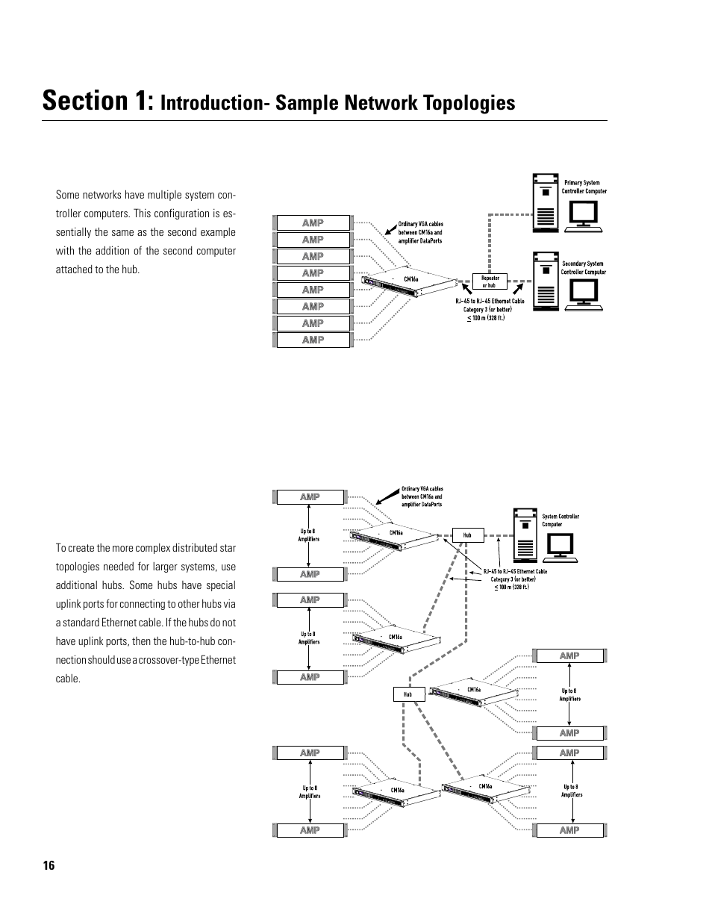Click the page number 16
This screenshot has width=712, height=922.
click(x=49, y=866)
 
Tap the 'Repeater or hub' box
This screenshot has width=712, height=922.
click(x=490, y=281)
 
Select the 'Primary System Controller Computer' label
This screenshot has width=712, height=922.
click(x=584, y=187)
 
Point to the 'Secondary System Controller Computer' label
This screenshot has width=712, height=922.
click(x=584, y=267)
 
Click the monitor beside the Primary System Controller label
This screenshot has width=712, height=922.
click(x=581, y=216)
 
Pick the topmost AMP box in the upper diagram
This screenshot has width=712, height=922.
click(x=313, y=222)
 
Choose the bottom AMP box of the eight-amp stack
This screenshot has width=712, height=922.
click(x=313, y=340)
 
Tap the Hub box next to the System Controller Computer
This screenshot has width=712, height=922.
click(x=467, y=535)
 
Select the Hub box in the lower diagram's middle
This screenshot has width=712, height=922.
click(x=408, y=694)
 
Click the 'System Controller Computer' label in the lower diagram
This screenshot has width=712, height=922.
click(x=560, y=520)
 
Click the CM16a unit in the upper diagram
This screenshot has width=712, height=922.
click(x=409, y=281)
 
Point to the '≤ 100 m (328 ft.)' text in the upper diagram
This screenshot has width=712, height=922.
click(x=487, y=318)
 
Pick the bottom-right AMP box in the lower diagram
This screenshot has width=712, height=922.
click(x=569, y=830)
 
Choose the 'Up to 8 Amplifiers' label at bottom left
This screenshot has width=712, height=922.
click(x=310, y=791)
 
